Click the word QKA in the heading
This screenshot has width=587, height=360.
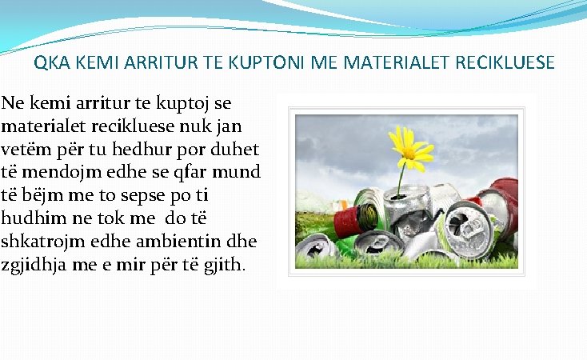tap(49, 63)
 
